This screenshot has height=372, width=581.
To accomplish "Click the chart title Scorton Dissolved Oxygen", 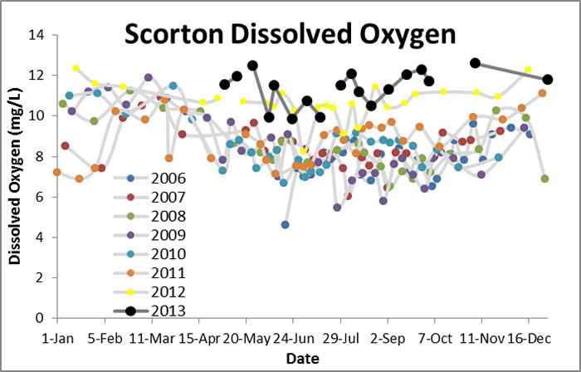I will click(290, 34).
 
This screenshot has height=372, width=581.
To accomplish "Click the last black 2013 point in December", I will click(548, 79).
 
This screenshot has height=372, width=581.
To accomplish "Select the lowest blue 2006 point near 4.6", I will click(285, 225).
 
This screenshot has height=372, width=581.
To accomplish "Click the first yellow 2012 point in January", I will click(76, 68).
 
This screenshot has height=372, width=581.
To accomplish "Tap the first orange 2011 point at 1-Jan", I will click(56, 172).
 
